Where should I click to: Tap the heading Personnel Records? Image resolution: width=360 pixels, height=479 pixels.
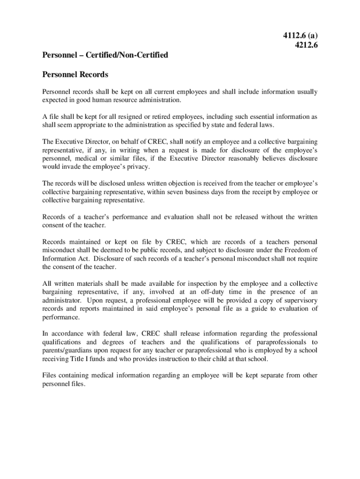75,75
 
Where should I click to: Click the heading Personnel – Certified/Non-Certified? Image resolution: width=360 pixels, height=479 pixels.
105,55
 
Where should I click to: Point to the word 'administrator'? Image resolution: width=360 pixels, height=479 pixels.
63,301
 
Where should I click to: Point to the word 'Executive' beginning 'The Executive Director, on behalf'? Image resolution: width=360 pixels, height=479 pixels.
71,142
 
